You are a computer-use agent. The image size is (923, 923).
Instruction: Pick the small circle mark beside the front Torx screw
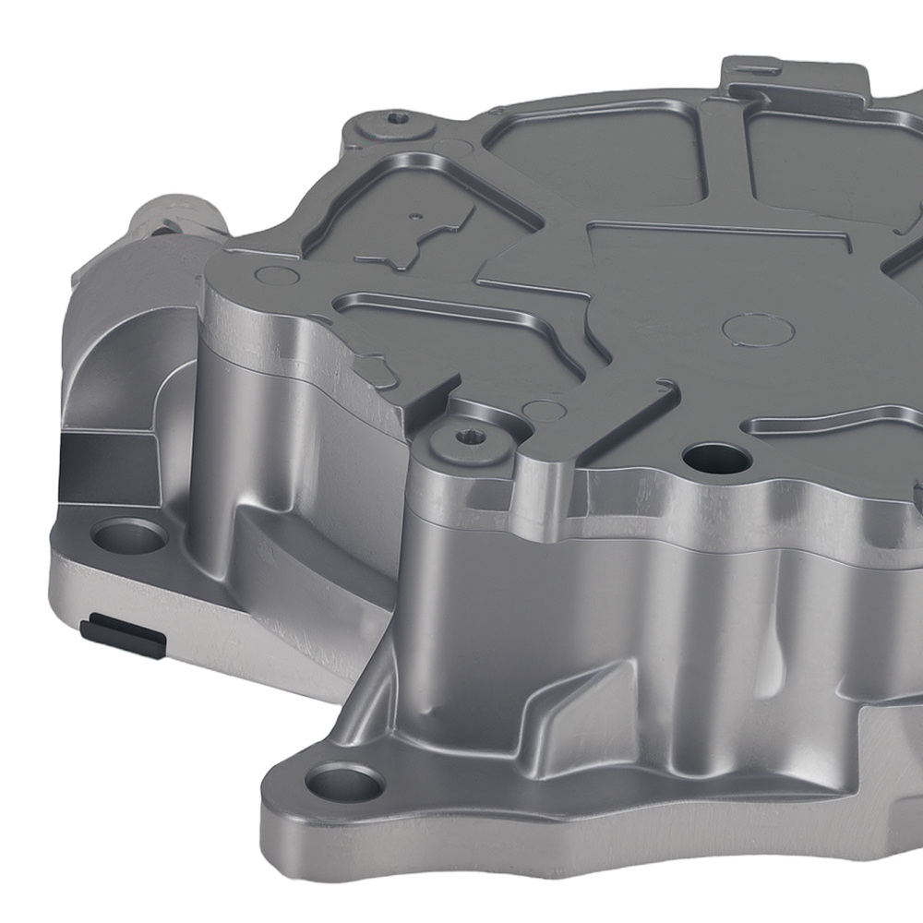pyautogui.click(x=546, y=412)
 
